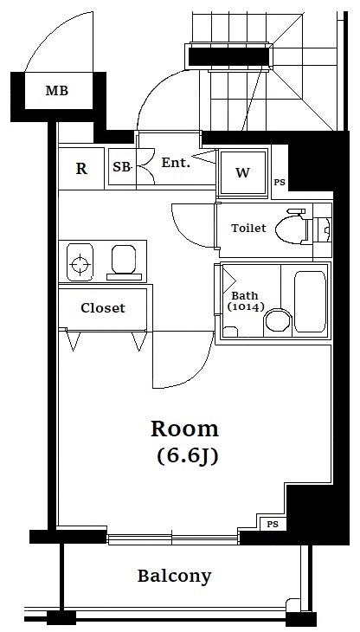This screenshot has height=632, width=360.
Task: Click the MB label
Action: (x=57, y=91)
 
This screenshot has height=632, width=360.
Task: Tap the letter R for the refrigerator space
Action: (x=81, y=169)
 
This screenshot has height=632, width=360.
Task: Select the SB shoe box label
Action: (x=121, y=167)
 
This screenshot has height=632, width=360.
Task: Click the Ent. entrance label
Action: (x=176, y=163)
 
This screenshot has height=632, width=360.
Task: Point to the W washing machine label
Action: (x=242, y=172)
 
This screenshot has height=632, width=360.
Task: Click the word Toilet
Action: (x=248, y=229)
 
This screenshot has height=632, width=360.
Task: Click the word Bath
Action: (x=245, y=295)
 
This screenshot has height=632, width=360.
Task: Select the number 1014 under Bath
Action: (x=246, y=307)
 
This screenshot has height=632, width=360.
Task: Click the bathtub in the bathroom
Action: (x=310, y=300)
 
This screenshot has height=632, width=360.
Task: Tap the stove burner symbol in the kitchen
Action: (x=80, y=264)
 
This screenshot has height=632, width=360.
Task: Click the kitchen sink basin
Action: (x=124, y=258)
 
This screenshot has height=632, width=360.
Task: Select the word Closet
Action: (x=103, y=308)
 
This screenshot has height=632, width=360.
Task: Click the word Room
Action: (x=185, y=429)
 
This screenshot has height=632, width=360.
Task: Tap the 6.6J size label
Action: (x=188, y=456)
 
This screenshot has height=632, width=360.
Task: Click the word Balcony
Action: (x=174, y=577)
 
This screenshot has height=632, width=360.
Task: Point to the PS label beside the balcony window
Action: (x=273, y=525)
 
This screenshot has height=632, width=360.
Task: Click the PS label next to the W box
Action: (x=280, y=182)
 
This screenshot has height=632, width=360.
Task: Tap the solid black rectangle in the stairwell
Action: (x=228, y=56)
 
